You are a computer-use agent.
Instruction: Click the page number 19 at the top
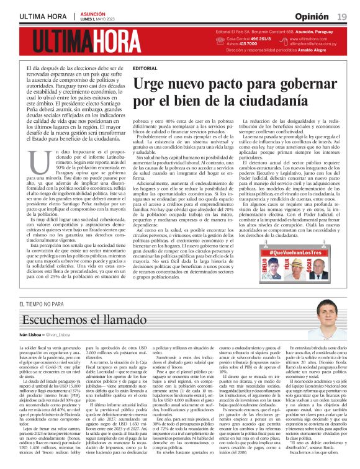[x=343, y=16]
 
